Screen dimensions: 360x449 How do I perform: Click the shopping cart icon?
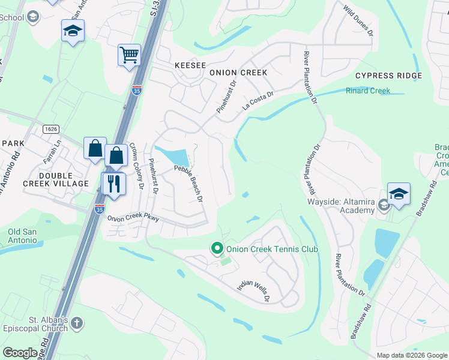click(x=129, y=56)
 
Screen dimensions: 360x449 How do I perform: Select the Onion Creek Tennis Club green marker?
click(x=217, y=248)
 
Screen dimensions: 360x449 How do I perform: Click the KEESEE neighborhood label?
click(x=190, y=65)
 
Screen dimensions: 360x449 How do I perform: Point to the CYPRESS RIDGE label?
click(x=388, y=76)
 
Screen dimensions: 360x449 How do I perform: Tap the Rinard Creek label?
click(x=367, y=91)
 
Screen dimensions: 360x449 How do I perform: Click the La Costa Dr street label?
click(x=258, y=100)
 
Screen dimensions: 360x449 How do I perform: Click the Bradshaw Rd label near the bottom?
click(x=361, y=323)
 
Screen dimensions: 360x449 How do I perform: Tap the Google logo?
click(x=20, y=353)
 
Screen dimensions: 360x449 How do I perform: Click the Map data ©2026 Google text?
click(x=411, y=355)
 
